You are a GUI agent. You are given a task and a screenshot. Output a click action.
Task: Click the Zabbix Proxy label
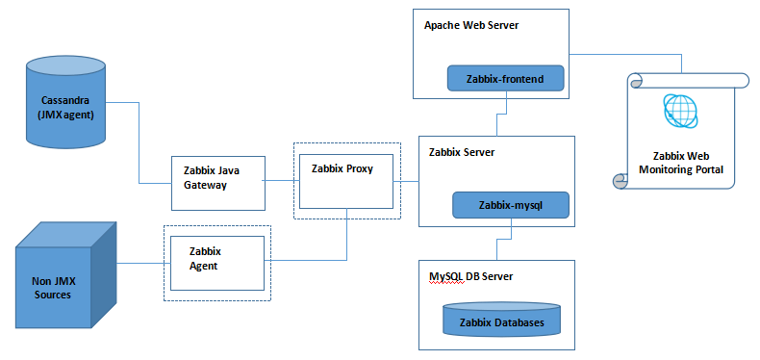(342, 168)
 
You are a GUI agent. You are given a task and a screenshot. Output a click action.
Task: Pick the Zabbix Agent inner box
(216, 263)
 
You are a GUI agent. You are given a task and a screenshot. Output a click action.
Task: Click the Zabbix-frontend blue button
(505, 80)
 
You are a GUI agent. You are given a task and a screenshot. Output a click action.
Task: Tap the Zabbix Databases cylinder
(501, 321)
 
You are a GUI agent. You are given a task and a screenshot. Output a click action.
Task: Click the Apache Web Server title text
(471, 25)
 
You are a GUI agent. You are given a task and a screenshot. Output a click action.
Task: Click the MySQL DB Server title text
(470, 276)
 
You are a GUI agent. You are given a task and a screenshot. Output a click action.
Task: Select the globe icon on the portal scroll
(682, 111)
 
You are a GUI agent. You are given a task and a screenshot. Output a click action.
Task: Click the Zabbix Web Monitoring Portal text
(681, 162)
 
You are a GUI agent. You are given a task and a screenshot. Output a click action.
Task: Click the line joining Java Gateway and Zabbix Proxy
(278, 180)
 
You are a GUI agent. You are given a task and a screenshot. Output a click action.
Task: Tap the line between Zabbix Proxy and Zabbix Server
(407, 180)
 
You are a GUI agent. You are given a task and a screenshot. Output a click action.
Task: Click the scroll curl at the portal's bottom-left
(621, 181)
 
